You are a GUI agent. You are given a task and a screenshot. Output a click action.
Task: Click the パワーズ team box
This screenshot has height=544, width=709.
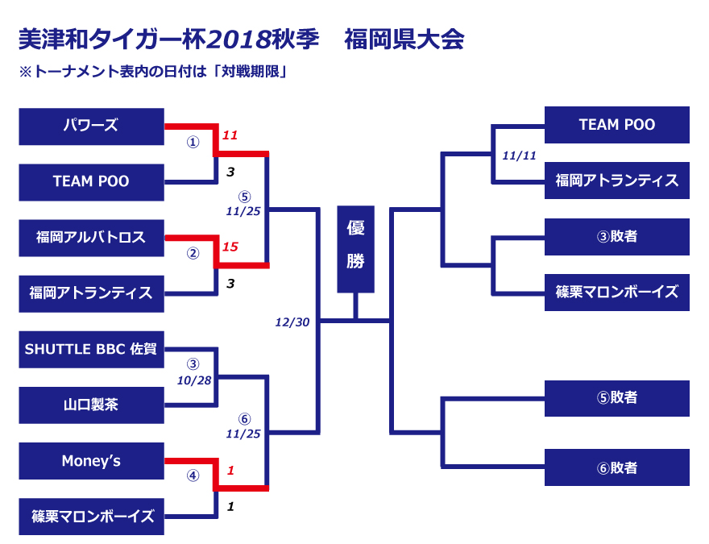(x=91, y=126)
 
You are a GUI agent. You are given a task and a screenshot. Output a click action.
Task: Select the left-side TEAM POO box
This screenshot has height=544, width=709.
(x=91, y=181)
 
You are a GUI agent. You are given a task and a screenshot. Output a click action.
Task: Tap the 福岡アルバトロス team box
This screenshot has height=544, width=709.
(x=91, y=238)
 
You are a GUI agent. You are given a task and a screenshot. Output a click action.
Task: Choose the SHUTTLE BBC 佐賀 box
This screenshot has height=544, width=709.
(x=91, y=349)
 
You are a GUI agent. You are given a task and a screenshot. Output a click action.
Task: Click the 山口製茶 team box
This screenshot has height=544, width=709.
(x=91, y=405)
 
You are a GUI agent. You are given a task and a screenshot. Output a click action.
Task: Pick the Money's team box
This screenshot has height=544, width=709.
(x=91, y=461)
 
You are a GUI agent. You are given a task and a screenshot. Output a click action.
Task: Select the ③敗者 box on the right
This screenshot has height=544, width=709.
(x=617, y=236)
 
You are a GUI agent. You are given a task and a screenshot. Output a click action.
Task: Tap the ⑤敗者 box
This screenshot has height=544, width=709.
(x=617, y=397)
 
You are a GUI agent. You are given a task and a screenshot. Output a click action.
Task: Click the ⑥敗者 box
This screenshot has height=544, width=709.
(x=617, y=467)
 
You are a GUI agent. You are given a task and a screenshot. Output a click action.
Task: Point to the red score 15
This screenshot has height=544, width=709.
(x=230, y=247)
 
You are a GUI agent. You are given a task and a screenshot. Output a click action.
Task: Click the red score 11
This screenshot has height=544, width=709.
(x=230, y=135)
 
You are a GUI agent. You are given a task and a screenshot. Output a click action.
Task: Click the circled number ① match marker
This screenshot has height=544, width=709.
(x=193, y=142)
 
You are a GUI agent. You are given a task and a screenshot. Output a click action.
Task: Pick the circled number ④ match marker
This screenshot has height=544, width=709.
(x=193, y=475)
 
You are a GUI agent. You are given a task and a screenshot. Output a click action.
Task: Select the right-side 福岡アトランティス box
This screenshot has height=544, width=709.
(x=617, y=181)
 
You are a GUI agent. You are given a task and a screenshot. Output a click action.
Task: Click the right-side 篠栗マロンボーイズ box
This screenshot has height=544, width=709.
(x=617, y=292)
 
